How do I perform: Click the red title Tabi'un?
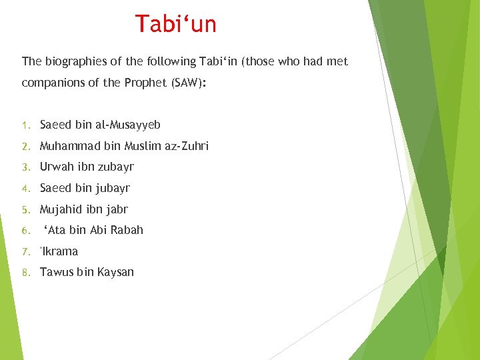176,24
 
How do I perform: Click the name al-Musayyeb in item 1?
127,125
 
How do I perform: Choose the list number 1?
25,125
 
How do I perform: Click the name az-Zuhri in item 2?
186,146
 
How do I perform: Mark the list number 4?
25,189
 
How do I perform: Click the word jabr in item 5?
116,209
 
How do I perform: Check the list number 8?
25,273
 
